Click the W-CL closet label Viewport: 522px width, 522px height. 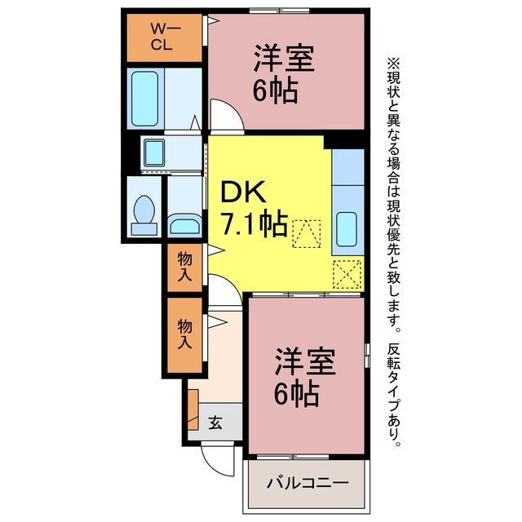click(165, 36)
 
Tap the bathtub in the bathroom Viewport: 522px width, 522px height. click(145, 99)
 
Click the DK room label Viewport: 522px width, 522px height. click(243, 192)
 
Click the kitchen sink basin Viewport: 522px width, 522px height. click(347, 229)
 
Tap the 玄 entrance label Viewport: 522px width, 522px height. click(215, 422)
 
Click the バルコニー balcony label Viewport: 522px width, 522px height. click(307, 482)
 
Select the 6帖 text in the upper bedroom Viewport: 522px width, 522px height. click(275, 91)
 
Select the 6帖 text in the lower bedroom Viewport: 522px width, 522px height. click(296, 394)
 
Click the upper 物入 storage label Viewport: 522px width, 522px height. click(185, 267)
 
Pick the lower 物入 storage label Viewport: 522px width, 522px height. click(185, 334)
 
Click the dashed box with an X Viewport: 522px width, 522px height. click(347, 275)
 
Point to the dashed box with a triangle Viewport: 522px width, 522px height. click(307, 234)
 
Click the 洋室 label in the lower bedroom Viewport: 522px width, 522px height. click(305, 361)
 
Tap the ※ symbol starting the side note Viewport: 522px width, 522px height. click(393, 64)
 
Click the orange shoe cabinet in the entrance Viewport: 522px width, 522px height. click(193, 409)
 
